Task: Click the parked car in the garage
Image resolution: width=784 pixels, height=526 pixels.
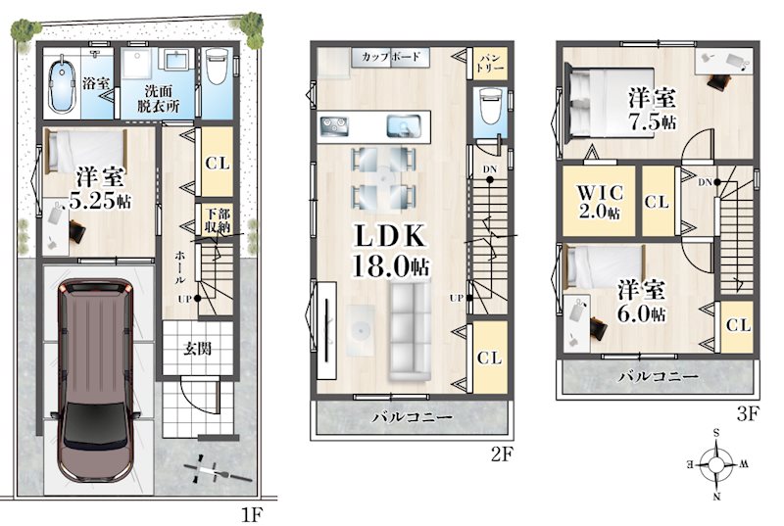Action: (94, 380)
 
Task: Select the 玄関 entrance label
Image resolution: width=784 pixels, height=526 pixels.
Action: (197, 348)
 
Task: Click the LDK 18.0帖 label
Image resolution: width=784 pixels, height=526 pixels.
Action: (390, 251)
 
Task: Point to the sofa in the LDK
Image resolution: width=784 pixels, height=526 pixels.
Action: (410, 331)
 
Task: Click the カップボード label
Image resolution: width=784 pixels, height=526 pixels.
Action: (390, 57)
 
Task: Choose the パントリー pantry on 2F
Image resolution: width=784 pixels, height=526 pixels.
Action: (489, 63)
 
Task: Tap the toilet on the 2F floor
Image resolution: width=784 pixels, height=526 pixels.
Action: (489, 105)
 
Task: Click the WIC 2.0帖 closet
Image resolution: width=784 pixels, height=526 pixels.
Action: (600, 201)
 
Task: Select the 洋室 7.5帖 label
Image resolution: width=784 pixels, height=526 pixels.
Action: (652, 110)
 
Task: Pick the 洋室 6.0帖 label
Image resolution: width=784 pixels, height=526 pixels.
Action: (641, 302)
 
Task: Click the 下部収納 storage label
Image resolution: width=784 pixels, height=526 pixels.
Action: (218, 220)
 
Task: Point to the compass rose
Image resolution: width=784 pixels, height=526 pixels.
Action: (716, 465)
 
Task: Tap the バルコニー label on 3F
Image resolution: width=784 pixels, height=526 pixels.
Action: (658, 376)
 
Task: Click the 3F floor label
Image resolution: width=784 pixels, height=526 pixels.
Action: (748, 414)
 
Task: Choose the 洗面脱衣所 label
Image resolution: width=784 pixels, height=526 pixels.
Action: (158, 98)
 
